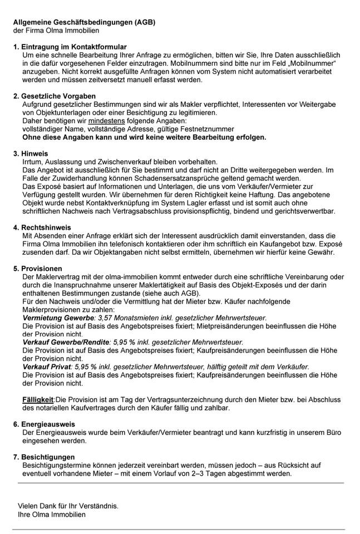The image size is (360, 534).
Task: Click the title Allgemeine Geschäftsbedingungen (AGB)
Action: coord(84,22)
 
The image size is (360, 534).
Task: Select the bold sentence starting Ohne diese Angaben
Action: coord(144,137)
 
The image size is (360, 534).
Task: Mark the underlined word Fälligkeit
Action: coord(38,399)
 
